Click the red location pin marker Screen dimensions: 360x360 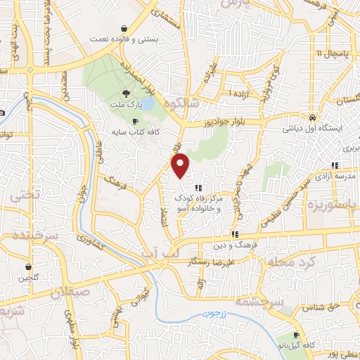(x=181, y=166)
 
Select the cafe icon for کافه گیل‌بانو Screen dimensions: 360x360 (x=297, y=334)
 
